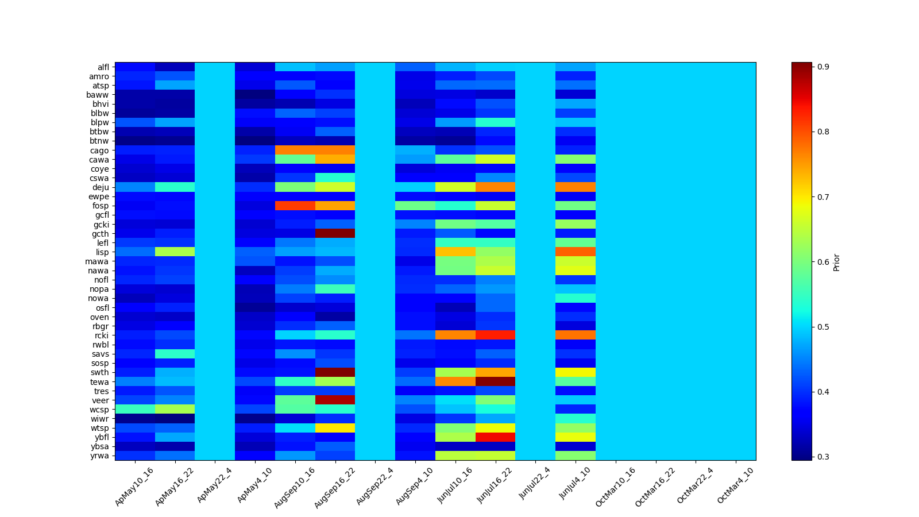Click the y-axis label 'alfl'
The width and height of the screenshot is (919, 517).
[x=103, y=67]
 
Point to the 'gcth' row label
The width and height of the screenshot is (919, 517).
[x=101, y=234]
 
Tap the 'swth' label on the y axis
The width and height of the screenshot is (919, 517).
[x=101, y=373]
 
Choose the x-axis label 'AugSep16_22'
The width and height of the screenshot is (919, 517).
[x=335, y=487]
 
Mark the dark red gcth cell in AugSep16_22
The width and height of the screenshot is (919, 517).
[x=335, y=234]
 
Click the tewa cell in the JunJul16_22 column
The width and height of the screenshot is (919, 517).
[x=495, y=382]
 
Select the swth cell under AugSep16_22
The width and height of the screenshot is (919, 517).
[x=335, y=373]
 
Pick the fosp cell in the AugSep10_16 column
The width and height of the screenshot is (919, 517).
[x=295, y=206]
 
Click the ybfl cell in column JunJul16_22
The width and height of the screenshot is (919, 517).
[x=495, y=437]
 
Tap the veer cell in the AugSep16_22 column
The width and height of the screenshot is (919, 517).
[x=335, y=400]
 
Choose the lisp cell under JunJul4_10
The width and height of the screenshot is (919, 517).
[x=576, y=252]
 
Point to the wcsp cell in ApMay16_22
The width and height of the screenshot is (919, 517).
[x=175, y=410]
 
